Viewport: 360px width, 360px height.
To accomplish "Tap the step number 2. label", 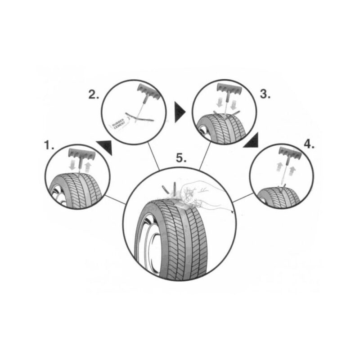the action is tap(94, 94).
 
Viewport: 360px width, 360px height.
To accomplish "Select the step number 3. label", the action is tap(265, 94).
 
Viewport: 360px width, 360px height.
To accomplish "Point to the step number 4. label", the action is tap(309, 144).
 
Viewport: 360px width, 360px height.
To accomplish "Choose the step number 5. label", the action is tap(181, 158).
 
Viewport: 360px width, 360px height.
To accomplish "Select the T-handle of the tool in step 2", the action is tap(149, 91).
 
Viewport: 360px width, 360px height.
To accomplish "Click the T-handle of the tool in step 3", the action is tap(229, 89).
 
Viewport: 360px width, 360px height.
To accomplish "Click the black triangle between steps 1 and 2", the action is tap(105, 147).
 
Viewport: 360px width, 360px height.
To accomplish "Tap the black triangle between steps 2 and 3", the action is tap(180, 112).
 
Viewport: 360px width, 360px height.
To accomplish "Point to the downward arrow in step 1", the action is tap(73, 166).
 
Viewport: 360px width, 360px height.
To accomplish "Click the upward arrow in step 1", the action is tap(87, 167).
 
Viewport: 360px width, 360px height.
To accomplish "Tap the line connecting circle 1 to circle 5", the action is tap(116, 200).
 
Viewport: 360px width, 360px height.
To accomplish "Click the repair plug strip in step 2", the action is tap(139, 117).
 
